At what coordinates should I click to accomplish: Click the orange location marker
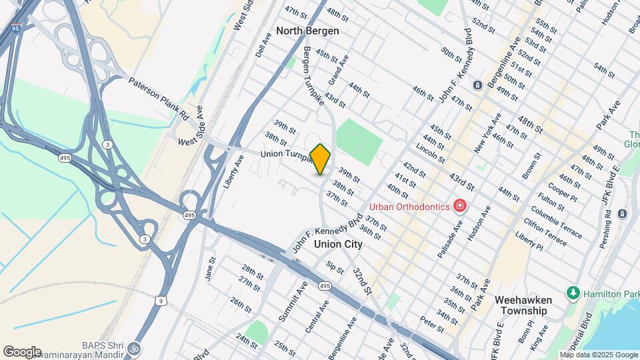(321, 159)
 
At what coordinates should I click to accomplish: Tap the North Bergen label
(307, 31)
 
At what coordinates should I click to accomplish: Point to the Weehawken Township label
(521, 305)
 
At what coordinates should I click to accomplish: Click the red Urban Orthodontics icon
(459, 206)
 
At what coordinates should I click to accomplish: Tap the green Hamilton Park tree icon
(572, 293)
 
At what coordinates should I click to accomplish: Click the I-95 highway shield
(15, 29)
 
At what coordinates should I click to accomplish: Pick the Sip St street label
(335, 267)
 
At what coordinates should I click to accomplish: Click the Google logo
(22, 352)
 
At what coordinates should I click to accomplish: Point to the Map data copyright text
(598, 355)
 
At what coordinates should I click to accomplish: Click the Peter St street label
(433, 325)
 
